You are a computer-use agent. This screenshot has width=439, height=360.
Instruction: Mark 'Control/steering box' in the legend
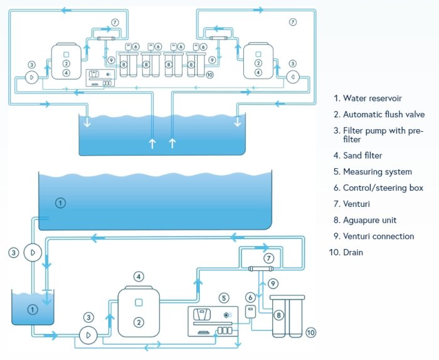tap(383, 188)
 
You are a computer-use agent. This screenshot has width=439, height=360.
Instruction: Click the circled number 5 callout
tap(223, 297)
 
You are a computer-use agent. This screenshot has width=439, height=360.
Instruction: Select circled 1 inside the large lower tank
tap(60, 203)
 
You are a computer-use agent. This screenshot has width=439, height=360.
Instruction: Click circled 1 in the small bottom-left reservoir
tap(33, 309)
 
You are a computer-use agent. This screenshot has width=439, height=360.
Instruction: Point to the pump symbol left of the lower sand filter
tap(88, 335)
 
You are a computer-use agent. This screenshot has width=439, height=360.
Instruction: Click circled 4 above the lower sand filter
tap(139, 276)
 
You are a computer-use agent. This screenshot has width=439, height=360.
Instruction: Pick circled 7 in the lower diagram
tap(268, 258)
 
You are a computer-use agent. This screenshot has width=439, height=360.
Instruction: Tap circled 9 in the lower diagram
tap(273, 283)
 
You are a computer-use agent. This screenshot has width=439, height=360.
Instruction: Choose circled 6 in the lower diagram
tap(250, 297)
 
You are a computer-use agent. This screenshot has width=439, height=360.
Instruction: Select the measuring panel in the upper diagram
tap(100, 78)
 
